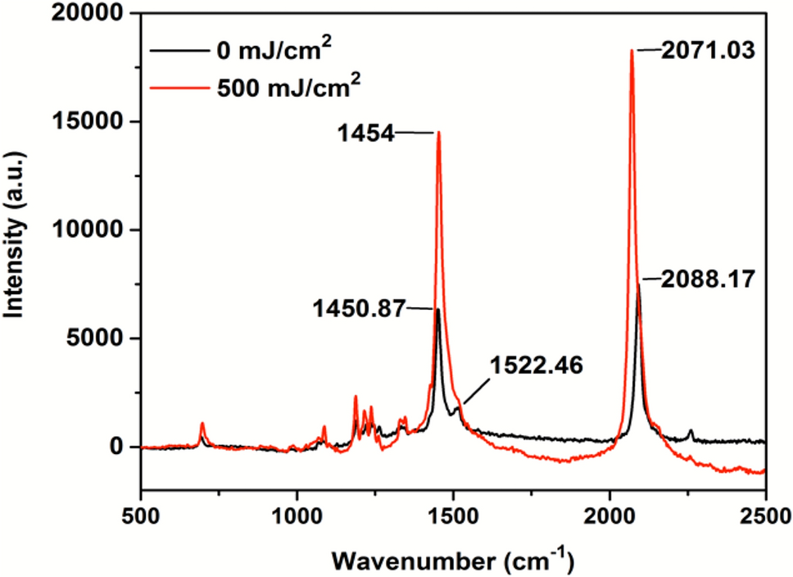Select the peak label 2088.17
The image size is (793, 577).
point(709,280)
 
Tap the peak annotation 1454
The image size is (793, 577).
point(365,132)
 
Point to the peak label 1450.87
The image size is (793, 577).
point(359,309)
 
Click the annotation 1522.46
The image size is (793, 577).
point(537,366)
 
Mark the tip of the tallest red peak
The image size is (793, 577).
point(632,50)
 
